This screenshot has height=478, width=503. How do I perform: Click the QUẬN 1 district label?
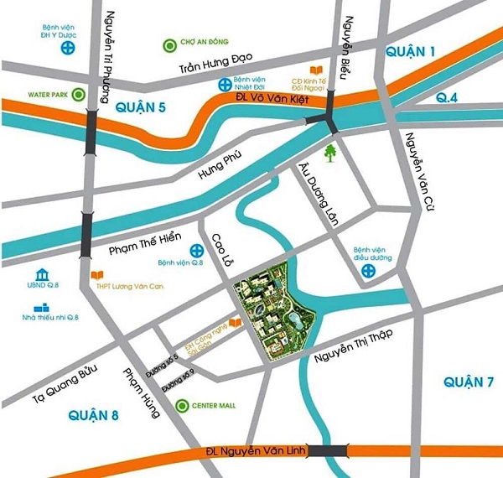(x=411, y=52)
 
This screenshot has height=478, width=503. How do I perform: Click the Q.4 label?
(x=448, y=98)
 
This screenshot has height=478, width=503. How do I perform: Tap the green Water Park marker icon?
(x=79, y=96)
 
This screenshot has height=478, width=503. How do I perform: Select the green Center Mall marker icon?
(x=183, y=406)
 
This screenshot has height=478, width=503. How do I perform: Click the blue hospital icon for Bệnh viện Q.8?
(x=196, y=251)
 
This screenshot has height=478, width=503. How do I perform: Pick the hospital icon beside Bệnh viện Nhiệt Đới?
(x=225, y=84)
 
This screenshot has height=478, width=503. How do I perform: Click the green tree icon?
(x=331, y=152)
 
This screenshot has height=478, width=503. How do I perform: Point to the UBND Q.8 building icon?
(x=42, y=277)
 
